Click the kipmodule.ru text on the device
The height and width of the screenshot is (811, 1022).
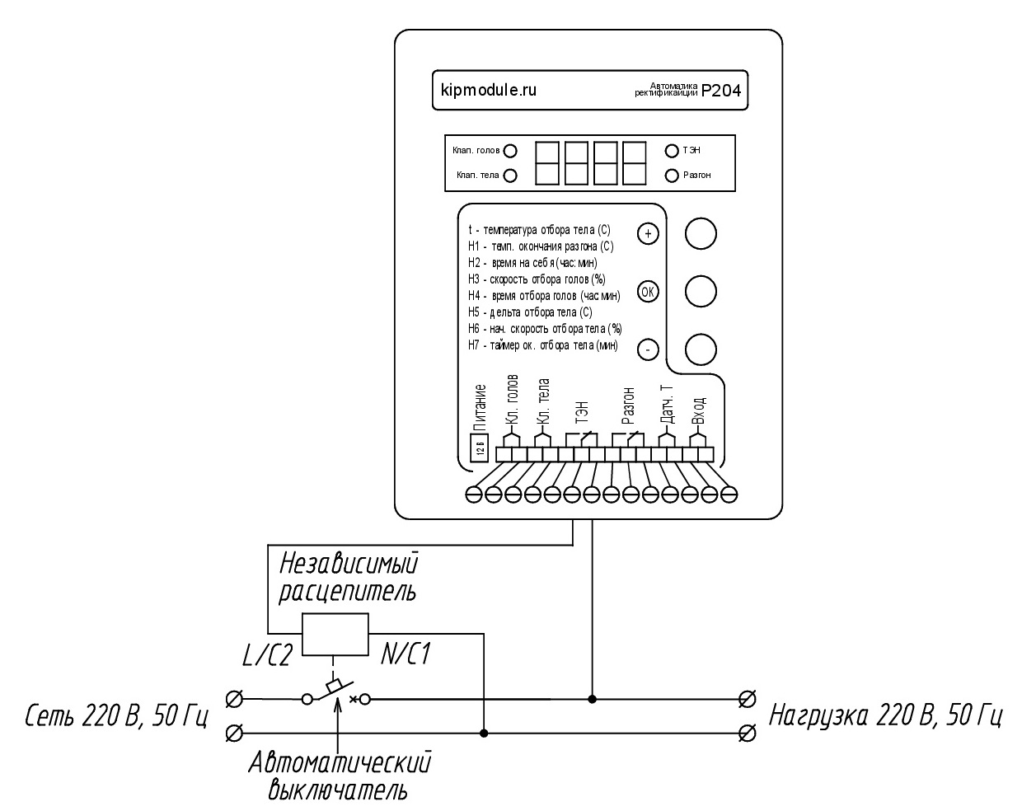click(x=488, y=90)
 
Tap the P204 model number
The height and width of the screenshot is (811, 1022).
click(x=721, y=91)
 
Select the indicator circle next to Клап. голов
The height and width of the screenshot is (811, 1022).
click(x=510, y=151)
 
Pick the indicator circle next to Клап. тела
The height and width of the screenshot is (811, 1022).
click(x=510, y=176)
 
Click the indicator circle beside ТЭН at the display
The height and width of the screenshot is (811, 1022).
click(x=672, y=151)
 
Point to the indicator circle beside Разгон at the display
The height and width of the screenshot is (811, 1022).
click(x=672, y=176)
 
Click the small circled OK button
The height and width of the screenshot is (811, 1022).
click(x=648, y=292)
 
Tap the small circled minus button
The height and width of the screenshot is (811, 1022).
click(x=648, y=350)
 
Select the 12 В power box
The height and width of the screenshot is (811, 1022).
click(x=479, y=447)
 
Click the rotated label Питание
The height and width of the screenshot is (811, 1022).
click(x=481, y=407)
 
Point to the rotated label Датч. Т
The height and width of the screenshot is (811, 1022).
click(x=667, y=405)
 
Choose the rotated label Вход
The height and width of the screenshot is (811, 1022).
click(x=697, y=410)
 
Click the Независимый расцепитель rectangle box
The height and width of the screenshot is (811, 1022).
click(x=335, y=635)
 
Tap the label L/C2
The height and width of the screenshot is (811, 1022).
click(x=267, y=656)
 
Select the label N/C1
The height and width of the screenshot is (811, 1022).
click(x=406, y=654)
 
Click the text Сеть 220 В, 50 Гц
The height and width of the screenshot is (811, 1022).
click(x=116, y=716)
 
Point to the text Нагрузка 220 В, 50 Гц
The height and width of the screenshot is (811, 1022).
click(x=885, y=715)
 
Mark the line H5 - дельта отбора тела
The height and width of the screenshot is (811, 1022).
click(x=530, y=312)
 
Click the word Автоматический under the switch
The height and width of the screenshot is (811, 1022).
click(x=340, y=763)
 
